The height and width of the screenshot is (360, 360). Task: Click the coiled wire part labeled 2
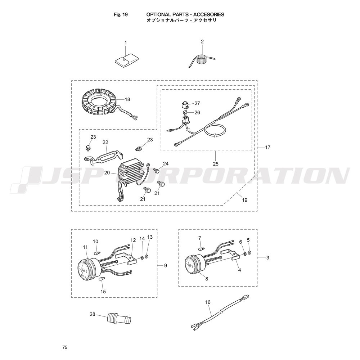(202, 60)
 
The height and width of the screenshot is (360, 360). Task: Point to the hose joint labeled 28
(120, 319)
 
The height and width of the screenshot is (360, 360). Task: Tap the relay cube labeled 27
(185, 105)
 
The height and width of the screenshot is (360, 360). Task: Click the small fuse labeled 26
(185, 112)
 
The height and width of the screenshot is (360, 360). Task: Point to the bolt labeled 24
(157, 171)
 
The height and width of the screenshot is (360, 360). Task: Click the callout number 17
(268, 147)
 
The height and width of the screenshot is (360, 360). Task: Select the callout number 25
(216, 164)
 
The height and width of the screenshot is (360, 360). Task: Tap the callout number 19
(245, 200)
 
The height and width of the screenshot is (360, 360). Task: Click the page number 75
(65, 347)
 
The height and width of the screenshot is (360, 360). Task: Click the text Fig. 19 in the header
(121, 14)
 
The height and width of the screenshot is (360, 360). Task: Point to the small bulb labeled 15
(102, 279)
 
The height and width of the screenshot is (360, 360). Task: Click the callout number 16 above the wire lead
(208, 302)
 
